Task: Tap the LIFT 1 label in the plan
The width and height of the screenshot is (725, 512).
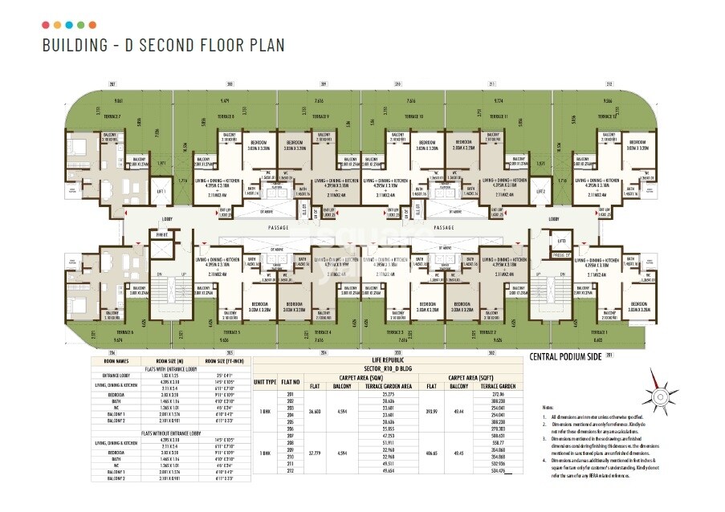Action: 161,192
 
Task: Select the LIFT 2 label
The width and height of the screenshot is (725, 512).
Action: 540,192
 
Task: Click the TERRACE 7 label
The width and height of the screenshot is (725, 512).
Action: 112,116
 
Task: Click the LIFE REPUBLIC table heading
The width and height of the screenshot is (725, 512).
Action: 386,361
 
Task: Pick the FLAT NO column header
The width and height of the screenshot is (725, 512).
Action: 290,382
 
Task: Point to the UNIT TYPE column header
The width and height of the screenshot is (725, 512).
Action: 265,382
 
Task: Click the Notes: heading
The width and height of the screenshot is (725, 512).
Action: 548,408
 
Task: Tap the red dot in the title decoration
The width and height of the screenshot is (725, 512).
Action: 46,26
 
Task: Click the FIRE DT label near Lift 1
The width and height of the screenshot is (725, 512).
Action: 161,234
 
